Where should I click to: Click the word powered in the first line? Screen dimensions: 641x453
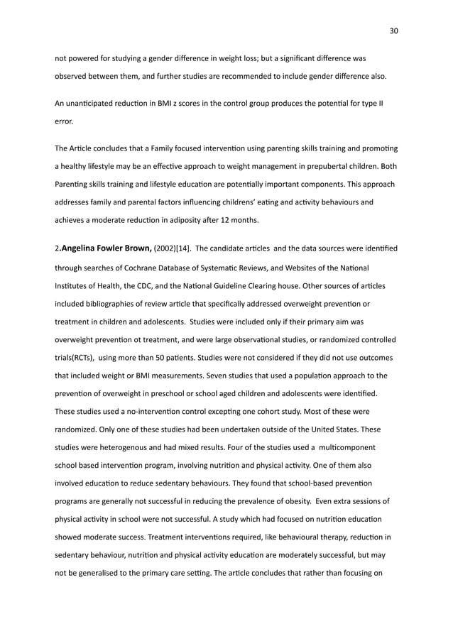(x=86, y=57)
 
